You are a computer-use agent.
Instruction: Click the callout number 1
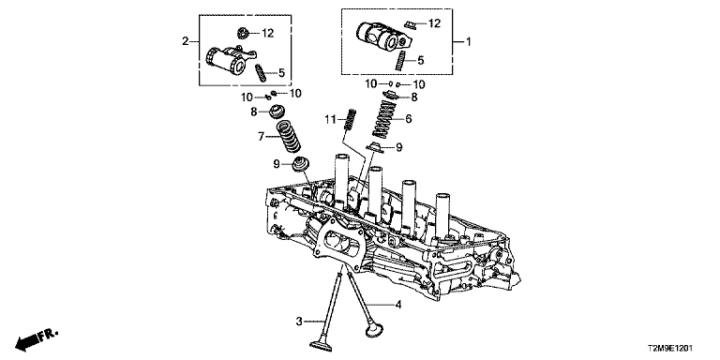(x=469, y=43)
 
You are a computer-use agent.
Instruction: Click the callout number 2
(x=185, y=42)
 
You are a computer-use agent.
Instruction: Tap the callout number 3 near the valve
(x=299, y=322)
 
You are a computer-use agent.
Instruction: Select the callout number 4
(x=398, y=304)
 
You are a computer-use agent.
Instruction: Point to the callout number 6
(x=408, y=119)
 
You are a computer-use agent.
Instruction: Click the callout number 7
(x=261, y=136)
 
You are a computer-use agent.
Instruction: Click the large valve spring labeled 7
(x=288, y=136)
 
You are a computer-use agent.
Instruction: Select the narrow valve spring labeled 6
(x=383, y=118)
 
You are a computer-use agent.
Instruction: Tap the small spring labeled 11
(x=350, y=120)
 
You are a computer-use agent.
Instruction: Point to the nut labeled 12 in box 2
(x=243, y=34)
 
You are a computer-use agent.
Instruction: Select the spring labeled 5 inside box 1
(x=401, y=60)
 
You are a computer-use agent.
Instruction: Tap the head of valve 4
(x=374, y=331)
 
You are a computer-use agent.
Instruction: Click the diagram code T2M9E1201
(x=671, y=349)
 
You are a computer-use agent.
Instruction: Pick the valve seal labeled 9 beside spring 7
(x=301, y=164)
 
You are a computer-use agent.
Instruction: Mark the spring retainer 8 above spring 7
(x=277, y=112)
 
